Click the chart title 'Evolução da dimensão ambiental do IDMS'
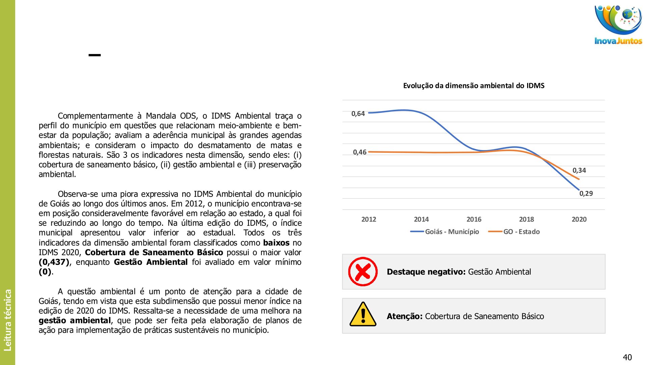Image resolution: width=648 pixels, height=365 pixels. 474,86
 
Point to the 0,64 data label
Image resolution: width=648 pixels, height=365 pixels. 358,114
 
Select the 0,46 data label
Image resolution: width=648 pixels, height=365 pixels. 359,152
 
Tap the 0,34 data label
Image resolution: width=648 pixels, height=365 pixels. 579,171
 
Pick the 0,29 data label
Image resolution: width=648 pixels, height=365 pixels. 586,194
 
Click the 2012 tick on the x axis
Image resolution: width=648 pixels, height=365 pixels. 369,219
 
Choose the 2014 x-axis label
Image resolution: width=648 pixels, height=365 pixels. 421,219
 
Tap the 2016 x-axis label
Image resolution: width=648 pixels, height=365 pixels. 474,219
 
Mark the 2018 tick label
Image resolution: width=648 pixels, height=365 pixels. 526,219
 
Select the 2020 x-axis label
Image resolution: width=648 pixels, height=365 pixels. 579,219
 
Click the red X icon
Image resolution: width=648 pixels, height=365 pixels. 363,272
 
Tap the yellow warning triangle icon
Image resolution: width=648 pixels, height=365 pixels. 363,315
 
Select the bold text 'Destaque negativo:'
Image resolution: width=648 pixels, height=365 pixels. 426,272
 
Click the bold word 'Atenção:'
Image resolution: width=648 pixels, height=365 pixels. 404,316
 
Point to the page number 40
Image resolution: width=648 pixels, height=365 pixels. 627,357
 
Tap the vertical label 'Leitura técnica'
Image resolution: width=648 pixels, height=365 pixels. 7,320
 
